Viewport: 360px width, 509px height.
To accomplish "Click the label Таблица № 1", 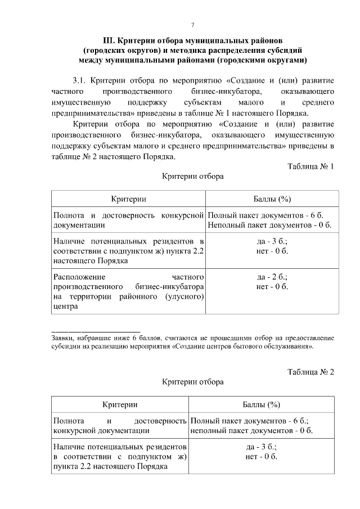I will click(310, 167).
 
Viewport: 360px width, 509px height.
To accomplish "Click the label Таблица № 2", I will click(310, 372).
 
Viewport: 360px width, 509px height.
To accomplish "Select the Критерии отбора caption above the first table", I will click(193, 177).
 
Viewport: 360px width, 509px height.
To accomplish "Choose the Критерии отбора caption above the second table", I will click(193, 382).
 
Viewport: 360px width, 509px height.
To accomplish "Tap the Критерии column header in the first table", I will click(129, 199).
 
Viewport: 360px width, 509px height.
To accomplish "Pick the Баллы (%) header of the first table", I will click(272, 199).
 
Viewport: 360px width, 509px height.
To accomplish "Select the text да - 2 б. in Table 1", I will click(272, 277).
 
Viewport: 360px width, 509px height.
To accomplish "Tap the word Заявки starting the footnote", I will click(62, 338).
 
